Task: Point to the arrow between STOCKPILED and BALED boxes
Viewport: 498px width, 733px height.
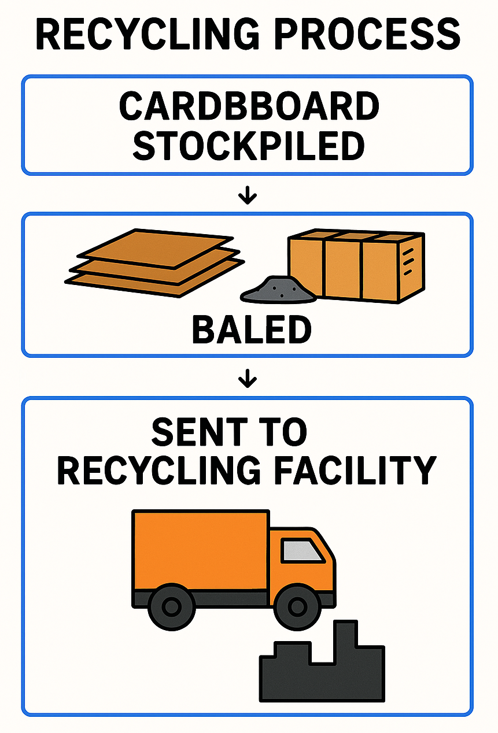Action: [248, 197]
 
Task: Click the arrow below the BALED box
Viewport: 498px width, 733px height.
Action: [248, 379]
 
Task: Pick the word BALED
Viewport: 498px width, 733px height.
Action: [251, 330]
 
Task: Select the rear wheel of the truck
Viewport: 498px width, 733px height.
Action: [171, 607]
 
